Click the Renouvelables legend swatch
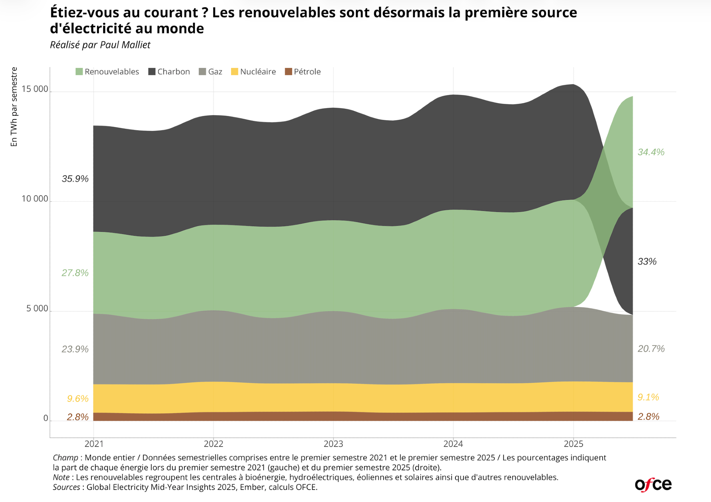(x=79, y=72)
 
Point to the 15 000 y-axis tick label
(x=34, y=89)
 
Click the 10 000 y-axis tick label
(x=34, y=199)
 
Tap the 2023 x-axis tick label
(x=333, y=444)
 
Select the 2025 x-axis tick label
(x=573, y=444)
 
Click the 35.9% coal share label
(x=75, y=179)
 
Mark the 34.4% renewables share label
(x=651, y=152)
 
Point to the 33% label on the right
(x=647, y=262)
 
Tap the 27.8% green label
(x=75, y=273)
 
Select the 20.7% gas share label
(x=651, y=349)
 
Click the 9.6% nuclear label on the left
(x=77, y=399)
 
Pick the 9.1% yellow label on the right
(x=648, y=397)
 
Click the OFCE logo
(x=653, y=485)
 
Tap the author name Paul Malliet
(x=125, y=45)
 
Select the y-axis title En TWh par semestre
(x=14, y=107)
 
